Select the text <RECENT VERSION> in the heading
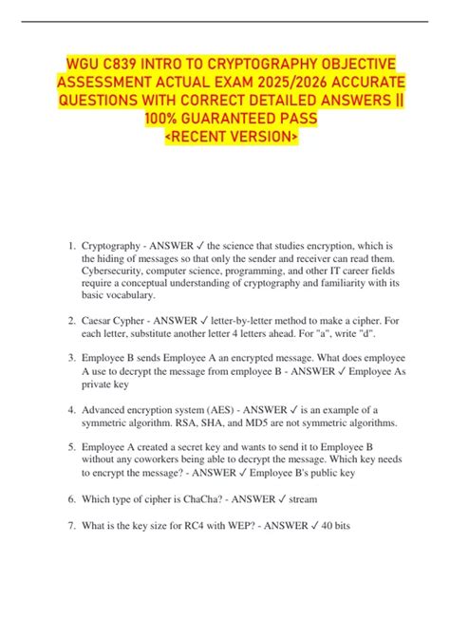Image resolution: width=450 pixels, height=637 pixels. point(224,139)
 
